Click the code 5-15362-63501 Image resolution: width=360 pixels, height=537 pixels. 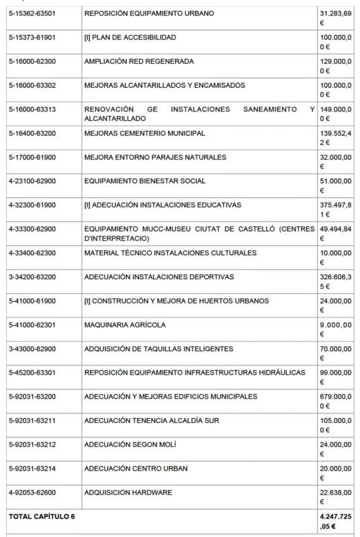[x=32, y=13]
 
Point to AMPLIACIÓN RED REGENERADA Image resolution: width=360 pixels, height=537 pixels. [x=139, y=62]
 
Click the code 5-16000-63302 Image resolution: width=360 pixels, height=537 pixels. [x=32, y=85]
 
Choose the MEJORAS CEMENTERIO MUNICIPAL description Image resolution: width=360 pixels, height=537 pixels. [x=144, y=134]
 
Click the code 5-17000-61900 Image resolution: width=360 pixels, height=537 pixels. [x=32, y=157]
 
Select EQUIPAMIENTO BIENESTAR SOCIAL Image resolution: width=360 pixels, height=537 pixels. [x=145, y=181]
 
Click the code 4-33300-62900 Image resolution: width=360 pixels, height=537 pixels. [x=32, y=229]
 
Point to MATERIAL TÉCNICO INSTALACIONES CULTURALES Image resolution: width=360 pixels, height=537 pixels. [x=170, y=253]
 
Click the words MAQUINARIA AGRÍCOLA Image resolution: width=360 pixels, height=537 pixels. [x=124, y=325]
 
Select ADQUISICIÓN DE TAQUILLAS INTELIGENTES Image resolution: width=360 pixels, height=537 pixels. [x=159, y=349]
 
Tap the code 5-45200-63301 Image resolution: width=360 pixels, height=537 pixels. [x=32, y=373]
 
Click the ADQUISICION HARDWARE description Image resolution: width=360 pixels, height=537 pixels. [x=128, y=493]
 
